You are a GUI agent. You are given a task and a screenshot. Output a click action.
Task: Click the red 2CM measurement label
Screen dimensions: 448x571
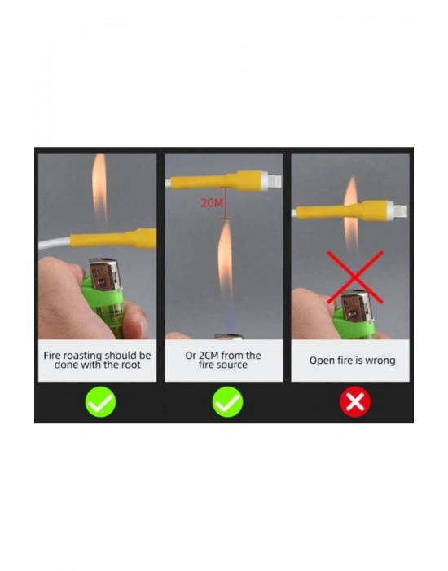[x=212, y=203]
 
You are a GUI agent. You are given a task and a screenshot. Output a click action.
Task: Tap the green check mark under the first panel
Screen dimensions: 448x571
[x=100, y=402]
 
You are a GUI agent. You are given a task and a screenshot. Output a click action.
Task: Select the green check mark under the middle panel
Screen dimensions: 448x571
[x=227, y=402]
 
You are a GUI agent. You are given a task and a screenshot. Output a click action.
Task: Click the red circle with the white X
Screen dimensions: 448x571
[x=355, y=402]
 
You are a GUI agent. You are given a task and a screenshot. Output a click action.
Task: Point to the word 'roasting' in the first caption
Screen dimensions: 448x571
[x=82, y=356]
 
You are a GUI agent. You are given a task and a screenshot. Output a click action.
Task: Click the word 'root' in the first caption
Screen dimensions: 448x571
[x=130, y=365]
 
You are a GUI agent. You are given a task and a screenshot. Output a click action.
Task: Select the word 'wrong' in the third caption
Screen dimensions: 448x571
[x=380, y=361]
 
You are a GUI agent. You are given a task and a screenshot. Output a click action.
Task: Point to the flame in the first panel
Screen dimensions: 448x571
[x=99, y=189]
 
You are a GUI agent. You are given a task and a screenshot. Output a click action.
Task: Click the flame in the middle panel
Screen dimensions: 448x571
[x=226, y=262]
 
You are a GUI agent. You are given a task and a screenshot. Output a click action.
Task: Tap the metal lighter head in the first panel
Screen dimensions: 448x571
[x=104, y=276]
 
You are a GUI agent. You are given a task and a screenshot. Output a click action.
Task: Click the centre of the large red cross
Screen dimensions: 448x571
[x=354, y=277]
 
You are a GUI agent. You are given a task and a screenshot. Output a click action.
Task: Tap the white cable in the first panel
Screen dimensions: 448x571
[x=55, y=243]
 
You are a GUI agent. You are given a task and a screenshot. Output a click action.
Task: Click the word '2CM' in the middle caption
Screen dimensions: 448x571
[x=209, y=356]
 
